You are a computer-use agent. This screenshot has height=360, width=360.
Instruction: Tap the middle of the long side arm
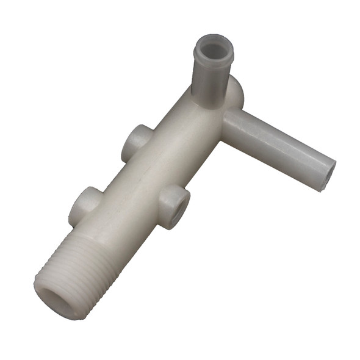click(278, 146)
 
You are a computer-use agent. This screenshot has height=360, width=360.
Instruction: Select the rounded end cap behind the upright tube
click(236, 92)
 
